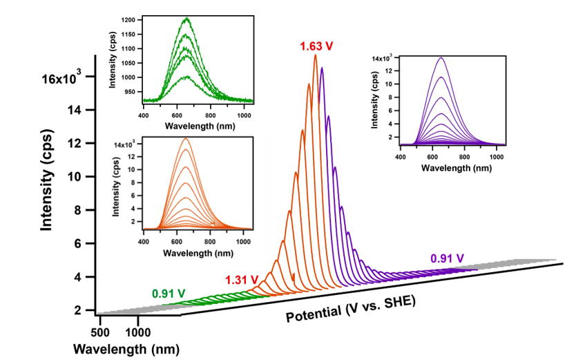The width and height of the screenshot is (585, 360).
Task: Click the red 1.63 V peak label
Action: pyautogui.click(x=316, y=46)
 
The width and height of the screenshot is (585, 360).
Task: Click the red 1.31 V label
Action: pyautogui.click(x=242, y=279)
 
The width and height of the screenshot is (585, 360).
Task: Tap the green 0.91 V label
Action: pyautogui.click(x=169, y=292)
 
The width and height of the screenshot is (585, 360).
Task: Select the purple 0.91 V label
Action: pyautogui.click(x=447, y=258)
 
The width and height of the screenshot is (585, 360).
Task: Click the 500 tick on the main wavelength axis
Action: pyautogui.click(x=101, y=322)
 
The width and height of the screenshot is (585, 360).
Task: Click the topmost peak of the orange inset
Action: pyautogui.click(x=185, y=139)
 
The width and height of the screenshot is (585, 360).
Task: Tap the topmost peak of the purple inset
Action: pyautogui.click(x=441, y=58)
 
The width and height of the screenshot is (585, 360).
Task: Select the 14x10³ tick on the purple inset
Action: pyautogui.click(x=383, y=58)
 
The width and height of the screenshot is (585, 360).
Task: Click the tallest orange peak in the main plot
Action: pyautogui.click(x=316, y=55)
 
